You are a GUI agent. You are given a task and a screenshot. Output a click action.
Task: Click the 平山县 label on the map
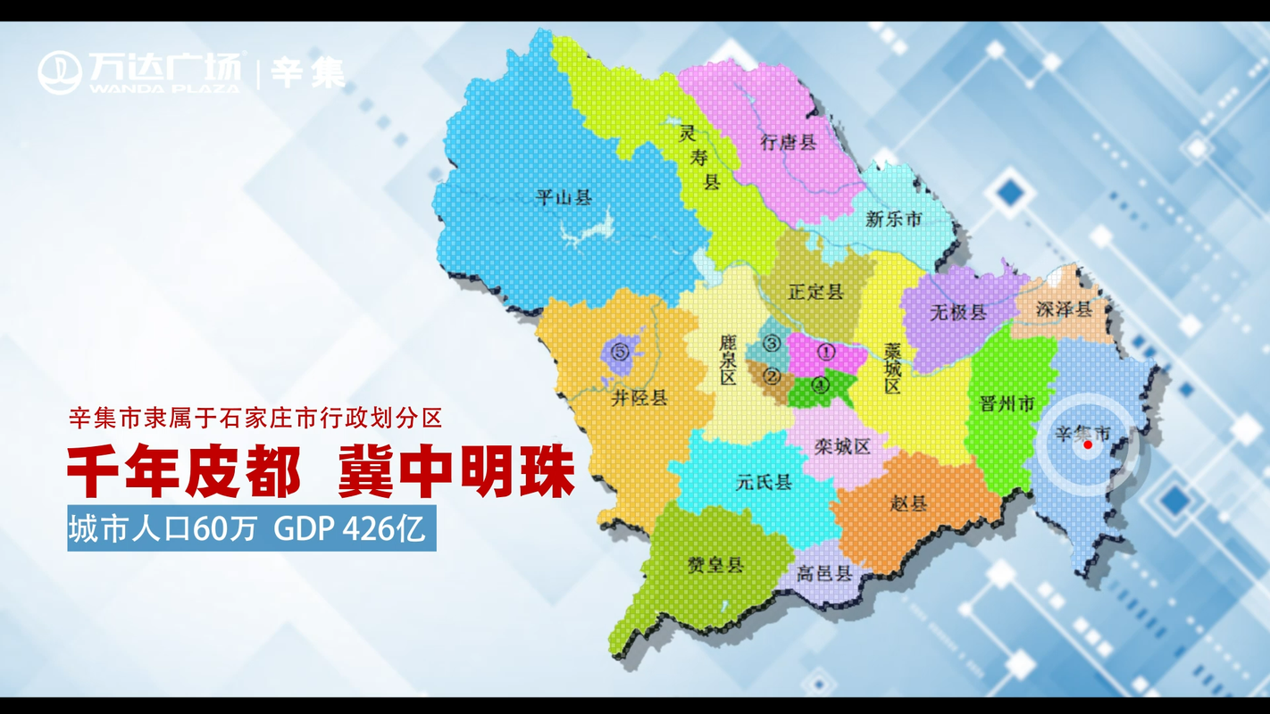564,198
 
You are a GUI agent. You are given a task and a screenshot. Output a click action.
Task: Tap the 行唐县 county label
788,143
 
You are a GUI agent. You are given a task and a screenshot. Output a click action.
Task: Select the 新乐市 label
892,219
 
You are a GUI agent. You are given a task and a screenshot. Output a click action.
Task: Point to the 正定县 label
815,292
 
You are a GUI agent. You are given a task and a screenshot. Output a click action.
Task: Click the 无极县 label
957,312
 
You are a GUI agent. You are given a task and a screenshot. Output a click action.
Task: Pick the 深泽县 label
1064,310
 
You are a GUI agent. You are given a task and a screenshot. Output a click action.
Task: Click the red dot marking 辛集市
1088,444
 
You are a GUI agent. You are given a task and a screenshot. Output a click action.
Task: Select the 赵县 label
909,503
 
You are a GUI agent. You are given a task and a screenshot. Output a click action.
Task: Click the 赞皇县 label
714,564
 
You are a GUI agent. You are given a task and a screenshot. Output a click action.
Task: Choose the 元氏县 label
764,483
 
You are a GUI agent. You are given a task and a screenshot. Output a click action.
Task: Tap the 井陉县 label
639,398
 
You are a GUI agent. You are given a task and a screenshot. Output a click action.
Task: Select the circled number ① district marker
827,352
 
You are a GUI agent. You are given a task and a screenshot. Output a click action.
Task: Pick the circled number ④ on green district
821,386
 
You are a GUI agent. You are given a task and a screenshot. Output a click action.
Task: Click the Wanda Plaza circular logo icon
60,72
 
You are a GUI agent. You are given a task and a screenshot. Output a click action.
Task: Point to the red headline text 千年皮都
183,471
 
